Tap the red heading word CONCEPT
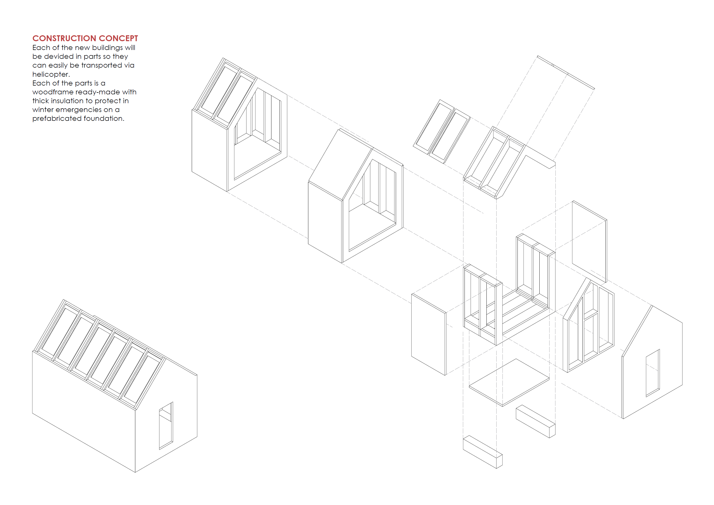(118, 38)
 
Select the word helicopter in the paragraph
(51, 74)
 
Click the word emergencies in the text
(79, 110)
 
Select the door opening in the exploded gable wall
(652, 373)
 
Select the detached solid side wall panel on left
(428, 334)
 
